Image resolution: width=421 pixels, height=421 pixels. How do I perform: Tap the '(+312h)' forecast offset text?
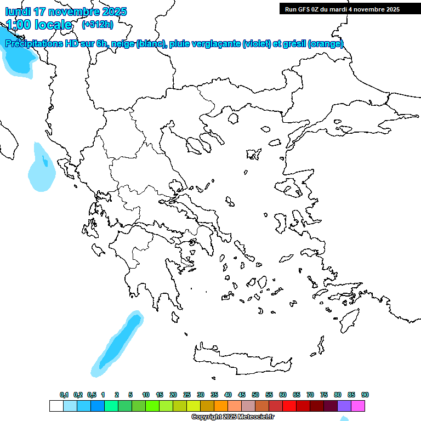98,24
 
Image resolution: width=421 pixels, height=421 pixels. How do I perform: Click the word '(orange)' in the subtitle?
326,44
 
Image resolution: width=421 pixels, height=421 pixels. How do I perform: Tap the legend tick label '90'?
365,395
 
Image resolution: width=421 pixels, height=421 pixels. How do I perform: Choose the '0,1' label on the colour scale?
64,395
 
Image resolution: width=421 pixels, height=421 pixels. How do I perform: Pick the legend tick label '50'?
255,395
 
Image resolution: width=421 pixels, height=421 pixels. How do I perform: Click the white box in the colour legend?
56,406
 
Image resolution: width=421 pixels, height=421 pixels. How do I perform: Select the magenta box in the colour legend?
359,406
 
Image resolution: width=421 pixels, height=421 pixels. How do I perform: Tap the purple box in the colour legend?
344,406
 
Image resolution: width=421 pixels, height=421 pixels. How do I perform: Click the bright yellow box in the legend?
194,406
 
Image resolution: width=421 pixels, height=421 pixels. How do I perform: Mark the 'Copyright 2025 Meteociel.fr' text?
232,417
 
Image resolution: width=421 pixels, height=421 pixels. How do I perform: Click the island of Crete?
241,356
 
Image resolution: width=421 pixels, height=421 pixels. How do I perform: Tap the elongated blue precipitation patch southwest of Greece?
118,344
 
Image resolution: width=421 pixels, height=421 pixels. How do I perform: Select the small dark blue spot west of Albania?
44,161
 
